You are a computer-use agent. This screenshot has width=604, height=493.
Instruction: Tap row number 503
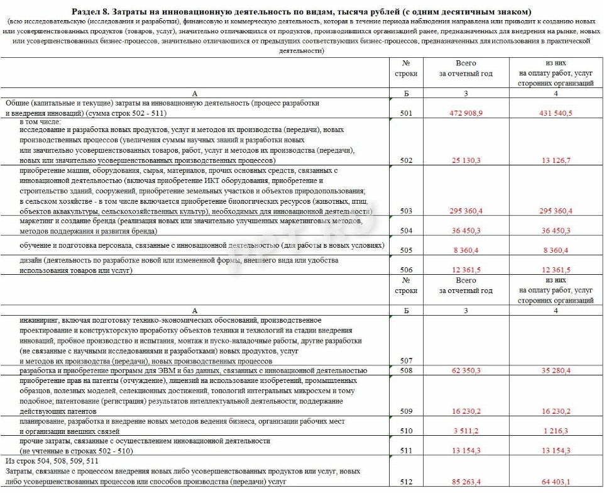point(407,211)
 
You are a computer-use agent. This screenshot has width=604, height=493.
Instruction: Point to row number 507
point(407,360)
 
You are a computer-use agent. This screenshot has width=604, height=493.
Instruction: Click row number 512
point(407,482)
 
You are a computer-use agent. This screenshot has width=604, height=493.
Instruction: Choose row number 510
point(407,431)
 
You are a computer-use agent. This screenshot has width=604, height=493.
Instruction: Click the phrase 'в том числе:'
point(40,121)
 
